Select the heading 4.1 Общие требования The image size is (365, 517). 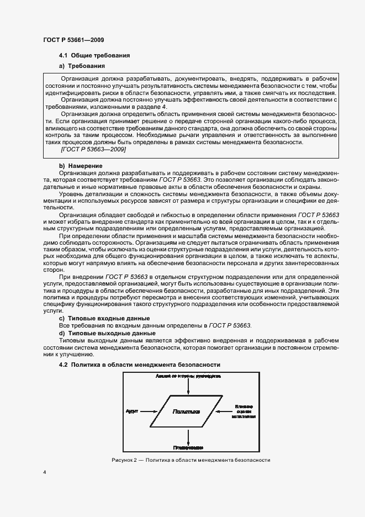click(x=94, y=56)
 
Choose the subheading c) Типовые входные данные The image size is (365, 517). click(x=104, y=319)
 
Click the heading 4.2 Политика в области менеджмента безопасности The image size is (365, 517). click(x=140, y=365)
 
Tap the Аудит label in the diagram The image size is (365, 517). click(x=131, y=412)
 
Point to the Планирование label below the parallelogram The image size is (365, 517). click(x=189, y=447)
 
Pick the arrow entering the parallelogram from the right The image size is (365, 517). click(x=224, y=412)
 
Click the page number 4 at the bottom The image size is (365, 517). click(x=44, y=473)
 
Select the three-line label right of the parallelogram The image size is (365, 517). click(x=244, y=412)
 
